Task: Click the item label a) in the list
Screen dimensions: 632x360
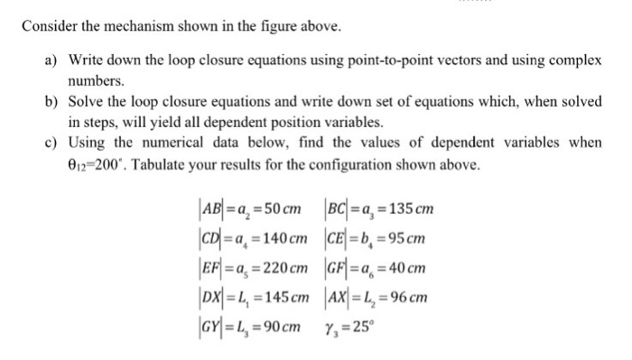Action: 52,60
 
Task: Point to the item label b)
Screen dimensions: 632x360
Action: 52,101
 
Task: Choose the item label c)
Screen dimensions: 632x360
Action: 52,142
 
